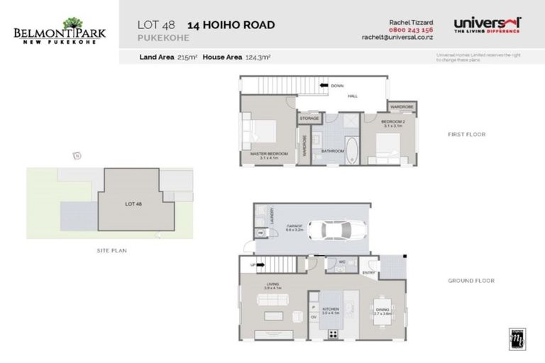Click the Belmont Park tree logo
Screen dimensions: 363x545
pos(72,24)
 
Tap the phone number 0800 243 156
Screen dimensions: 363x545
pos(410,30)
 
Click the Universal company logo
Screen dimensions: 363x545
pos(487,25)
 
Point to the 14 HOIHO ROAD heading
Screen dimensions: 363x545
pos(231,26)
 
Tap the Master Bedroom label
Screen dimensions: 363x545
pos(268,155)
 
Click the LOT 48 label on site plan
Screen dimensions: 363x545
pos(133,203)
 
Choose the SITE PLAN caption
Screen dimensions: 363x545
pos(112,250)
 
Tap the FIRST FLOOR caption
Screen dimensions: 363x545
pos(466,134)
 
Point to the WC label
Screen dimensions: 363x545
pos(341,262)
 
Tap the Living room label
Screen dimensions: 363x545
pos(272,286)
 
